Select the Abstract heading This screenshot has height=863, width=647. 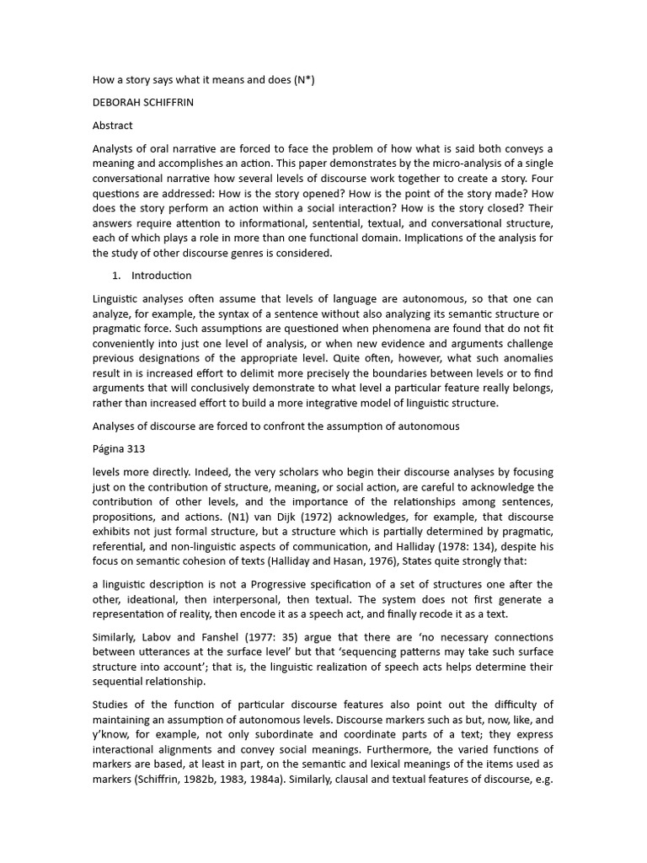tap(113, 125)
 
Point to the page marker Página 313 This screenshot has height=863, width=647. tap(120, 448)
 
